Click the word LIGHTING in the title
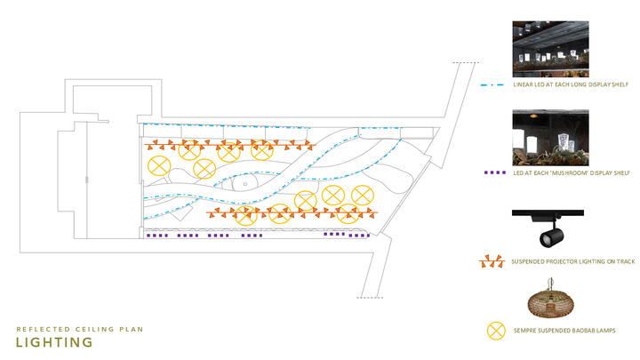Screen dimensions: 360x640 click(55, 342)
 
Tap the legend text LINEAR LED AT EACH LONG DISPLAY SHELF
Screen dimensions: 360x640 click(571, 85)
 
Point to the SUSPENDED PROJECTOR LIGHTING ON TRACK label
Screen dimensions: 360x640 click(572, 262)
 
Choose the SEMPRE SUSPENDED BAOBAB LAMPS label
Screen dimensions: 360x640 click(564, 331)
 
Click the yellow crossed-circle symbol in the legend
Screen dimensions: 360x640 click(495, 331)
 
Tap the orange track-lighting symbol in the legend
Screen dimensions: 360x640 click(493, 262)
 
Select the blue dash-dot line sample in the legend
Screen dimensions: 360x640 click(495, 85)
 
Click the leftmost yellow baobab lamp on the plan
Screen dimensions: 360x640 click(158, 164)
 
